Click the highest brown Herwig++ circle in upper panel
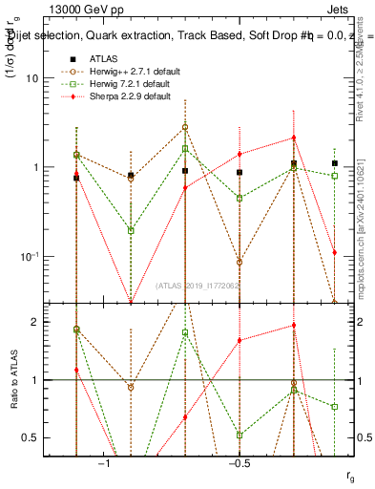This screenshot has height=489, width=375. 185,127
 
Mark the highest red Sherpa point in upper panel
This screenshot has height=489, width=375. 294,138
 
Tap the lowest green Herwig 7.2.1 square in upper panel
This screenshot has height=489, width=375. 131,230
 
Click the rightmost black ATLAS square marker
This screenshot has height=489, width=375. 334,163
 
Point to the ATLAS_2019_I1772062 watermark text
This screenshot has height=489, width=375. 198,286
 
